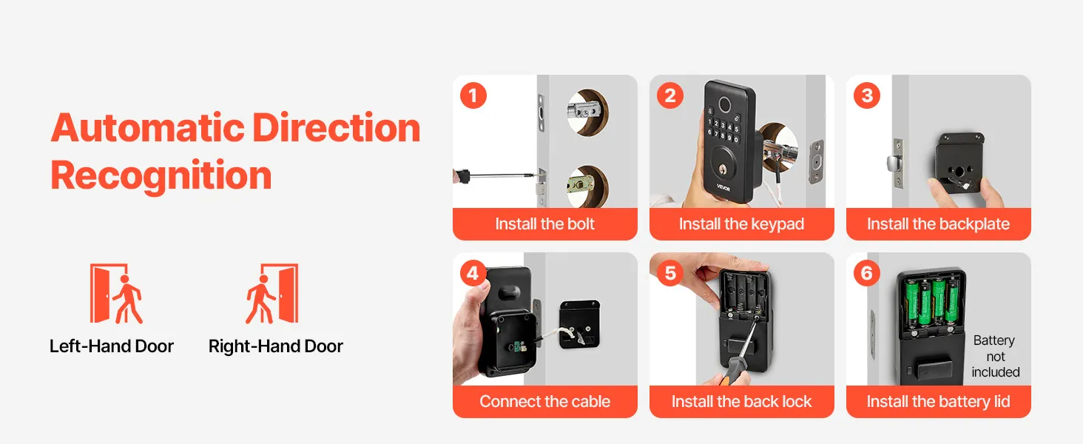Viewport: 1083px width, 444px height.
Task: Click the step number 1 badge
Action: (473, 95)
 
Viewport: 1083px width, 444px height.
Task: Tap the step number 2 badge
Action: (670, 95)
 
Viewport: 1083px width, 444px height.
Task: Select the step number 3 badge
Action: (867, 95)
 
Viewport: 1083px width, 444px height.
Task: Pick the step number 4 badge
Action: (473, 273)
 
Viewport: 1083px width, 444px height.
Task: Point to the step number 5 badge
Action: (670, 273)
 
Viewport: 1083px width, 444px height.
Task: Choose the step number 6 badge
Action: (867, 273)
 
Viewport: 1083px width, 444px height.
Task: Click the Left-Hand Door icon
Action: (117, 294)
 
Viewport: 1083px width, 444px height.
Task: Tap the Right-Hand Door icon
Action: (271, 294)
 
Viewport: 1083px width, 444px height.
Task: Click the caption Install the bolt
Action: (545, 224)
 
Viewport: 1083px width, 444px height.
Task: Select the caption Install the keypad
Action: (742, 224)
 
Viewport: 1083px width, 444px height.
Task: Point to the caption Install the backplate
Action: (939, 224)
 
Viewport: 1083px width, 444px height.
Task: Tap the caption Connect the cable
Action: (545, 401)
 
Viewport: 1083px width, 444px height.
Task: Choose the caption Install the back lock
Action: (742, 401)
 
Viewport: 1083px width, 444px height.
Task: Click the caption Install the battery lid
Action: (939, 402)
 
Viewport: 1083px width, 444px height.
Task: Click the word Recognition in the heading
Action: (161, 176)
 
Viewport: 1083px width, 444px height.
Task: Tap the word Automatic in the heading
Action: (148, 128)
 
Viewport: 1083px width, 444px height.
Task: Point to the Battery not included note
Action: (995, 357)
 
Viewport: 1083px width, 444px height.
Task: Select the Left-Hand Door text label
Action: (112, 346)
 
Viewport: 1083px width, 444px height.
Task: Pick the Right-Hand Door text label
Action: (276, 346)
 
